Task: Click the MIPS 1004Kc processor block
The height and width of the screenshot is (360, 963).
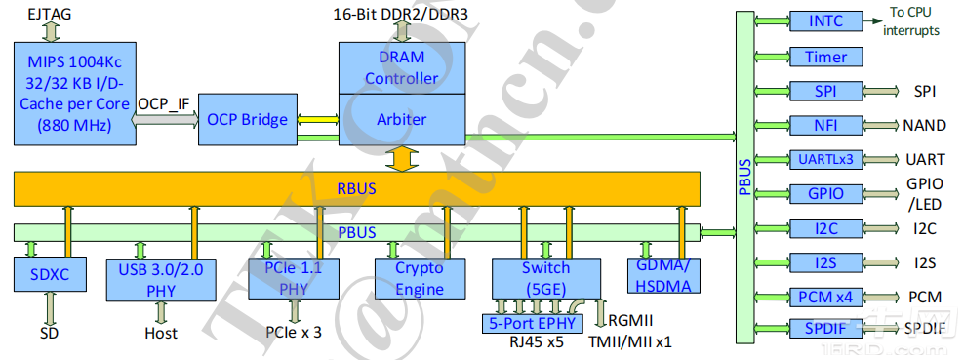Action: point(74,94)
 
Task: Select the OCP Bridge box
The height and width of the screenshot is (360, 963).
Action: point(248,120)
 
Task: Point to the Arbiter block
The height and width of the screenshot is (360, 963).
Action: point(402,119)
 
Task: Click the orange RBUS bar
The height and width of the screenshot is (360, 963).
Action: point(357,187)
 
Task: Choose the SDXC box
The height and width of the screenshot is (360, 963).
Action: point(50,275)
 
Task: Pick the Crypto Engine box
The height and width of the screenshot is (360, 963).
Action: point(419,277)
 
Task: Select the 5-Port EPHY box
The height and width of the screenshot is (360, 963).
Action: point(533,323)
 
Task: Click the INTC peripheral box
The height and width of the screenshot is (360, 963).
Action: point(825,21)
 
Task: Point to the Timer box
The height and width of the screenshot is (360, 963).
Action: point(825,57)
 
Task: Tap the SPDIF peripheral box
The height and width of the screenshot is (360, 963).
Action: point(825,329)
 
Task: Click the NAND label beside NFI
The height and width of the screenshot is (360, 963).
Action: point(923,126)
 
